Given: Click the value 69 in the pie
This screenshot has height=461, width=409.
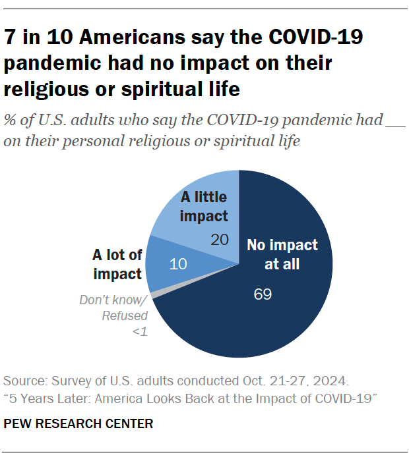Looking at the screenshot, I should (x=263, y=294).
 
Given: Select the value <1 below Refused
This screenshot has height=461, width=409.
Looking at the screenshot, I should (x=139, y=331).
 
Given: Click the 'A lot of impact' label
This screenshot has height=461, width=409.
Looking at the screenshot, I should (x=117, y=264).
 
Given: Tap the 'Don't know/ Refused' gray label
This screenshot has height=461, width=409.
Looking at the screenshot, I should (x=114, y=308).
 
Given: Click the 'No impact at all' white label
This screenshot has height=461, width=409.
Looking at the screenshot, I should (x=282, y=255).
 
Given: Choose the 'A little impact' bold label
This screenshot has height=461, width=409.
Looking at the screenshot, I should (x=203, y=206).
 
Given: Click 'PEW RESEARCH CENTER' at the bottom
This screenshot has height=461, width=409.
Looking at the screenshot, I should (x=79, y=423).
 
